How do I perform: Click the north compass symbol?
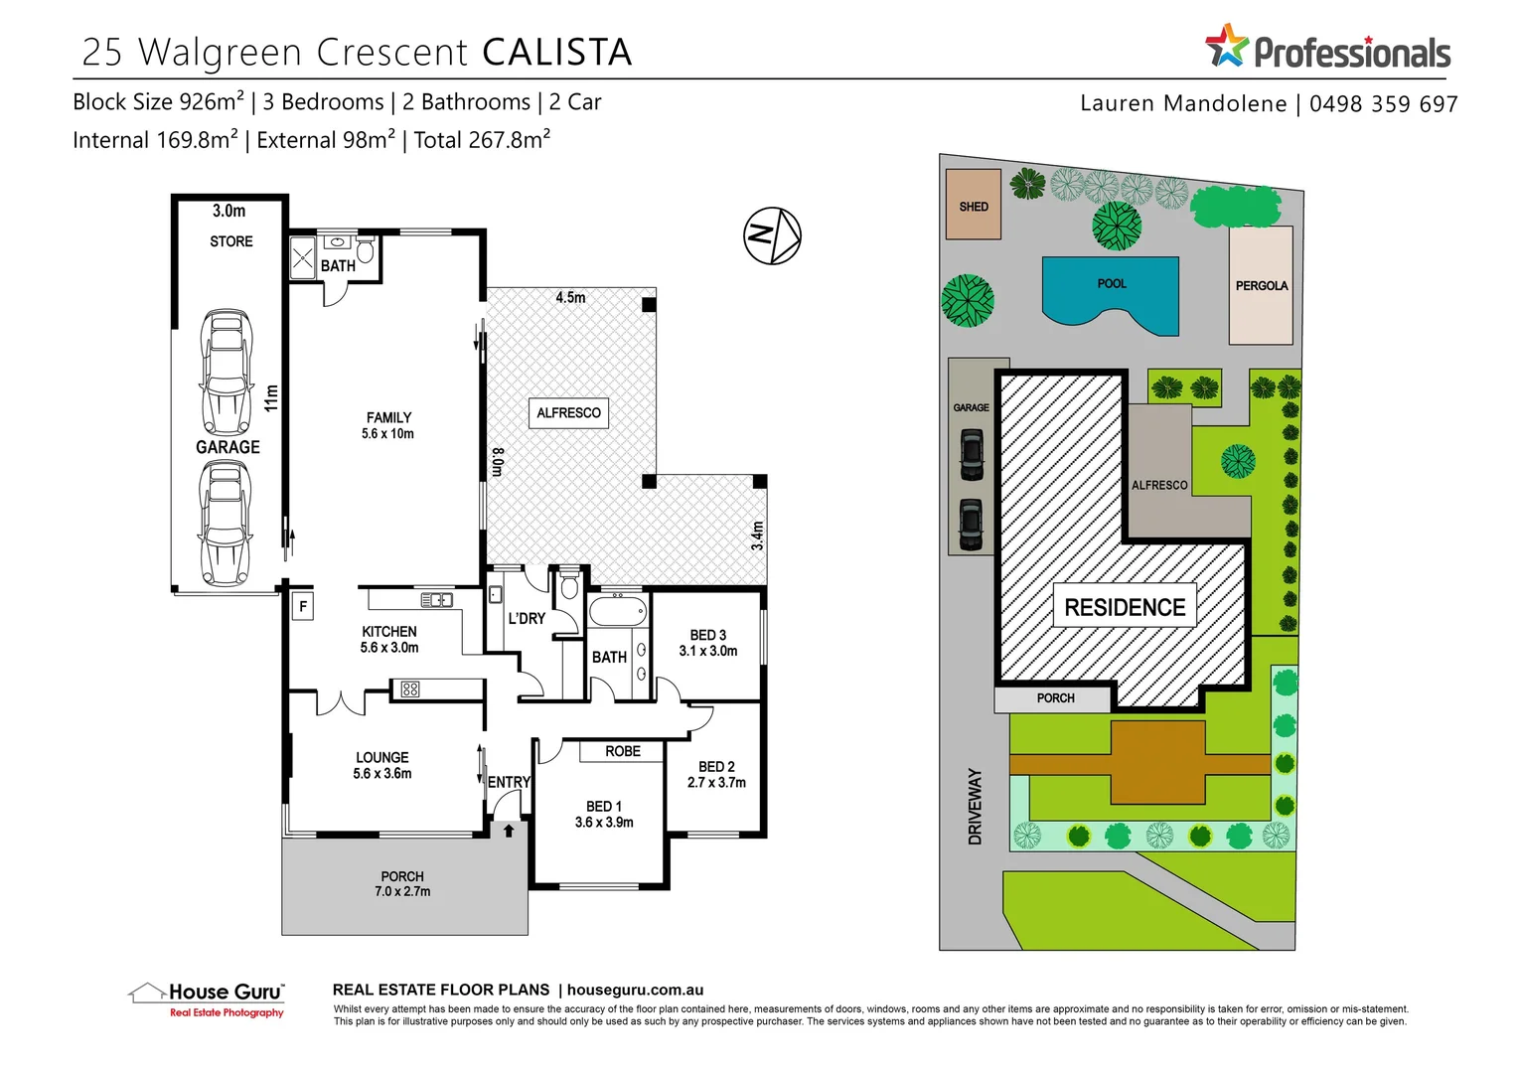[x=772, y=235]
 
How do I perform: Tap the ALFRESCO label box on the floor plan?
[x=568, y=412]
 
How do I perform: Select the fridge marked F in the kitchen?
[x=303, y=606]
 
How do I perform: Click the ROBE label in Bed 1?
[x=623, y=751]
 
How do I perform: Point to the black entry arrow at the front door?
[x=509, y=831]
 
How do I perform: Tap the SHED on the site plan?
[x=974, y=206]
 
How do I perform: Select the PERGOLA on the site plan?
[x=1262, y=285]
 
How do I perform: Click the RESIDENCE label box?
[x=1125, y=606]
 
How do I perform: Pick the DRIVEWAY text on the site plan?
[x=975, y=807]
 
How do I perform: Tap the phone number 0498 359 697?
[x=1383, y=104]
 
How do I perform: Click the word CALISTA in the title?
[x=557, y=53]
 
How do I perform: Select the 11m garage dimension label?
[x=272, y=397]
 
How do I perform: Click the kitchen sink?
[x=436, y=600]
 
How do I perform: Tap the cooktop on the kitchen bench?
[x=410, y=689]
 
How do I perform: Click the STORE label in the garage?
[x=231, y=241]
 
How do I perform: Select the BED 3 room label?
[x=708, y=635]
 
